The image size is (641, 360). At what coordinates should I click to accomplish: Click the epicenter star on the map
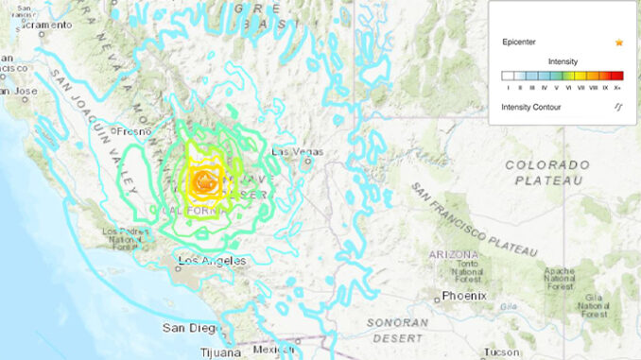click(x=202, y=179)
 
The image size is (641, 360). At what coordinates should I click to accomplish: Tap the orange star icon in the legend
click(x=618, y=43)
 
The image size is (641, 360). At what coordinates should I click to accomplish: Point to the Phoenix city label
click(x=466, y=296)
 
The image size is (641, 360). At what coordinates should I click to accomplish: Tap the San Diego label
click(x=187, y=327)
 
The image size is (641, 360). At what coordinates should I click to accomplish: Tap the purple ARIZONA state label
click(x=452, y=254)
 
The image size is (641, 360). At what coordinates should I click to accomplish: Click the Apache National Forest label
click(x=559, y=280)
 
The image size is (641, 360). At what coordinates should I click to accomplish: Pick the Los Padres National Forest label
click(x=124, y=237)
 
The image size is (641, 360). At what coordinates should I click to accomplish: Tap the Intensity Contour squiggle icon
click(x=618, y=107)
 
